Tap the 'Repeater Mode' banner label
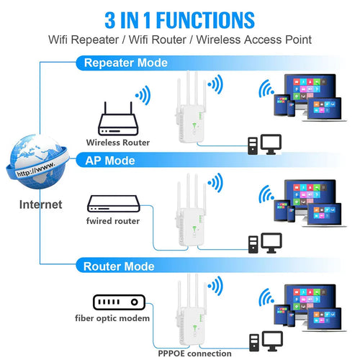tap(126, 63)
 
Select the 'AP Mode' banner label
tap(110, 160)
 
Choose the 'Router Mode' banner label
tap(120, 266)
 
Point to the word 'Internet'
tap(40, 204)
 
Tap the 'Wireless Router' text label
tap(118, 143)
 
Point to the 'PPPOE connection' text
tap(195, 353)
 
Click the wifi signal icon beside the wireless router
tap(143, 94)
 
